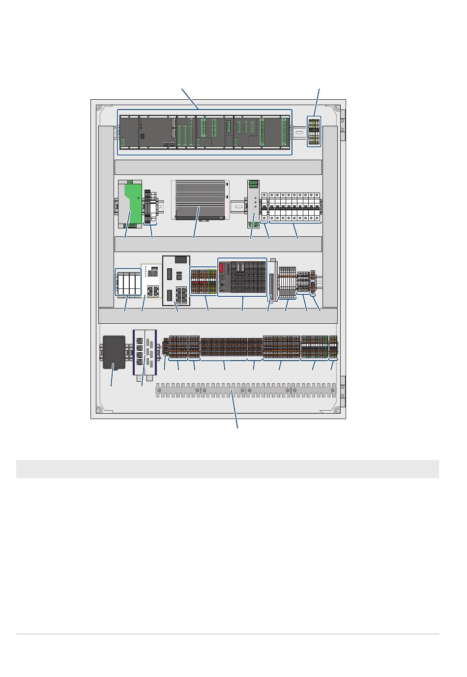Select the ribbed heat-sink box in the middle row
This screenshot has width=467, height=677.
pyautogui.click(x=201, y=199)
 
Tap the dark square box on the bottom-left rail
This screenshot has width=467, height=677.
pyautogui.click(x=114, y=352)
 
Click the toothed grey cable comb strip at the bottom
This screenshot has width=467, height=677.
pyautogui.click(x=246, y=391)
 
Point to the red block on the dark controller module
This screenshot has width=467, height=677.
pyautogui.click(x=221, y=268)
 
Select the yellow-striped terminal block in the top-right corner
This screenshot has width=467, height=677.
pyautogui.click(x=314, y=131)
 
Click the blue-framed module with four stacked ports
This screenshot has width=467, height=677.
pyautogui.click(x=145, y=353)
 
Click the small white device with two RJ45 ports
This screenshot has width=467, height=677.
pyautogui.click(x=151, y=281)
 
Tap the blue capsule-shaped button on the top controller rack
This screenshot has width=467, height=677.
pyautogui.click(x=142, y=136)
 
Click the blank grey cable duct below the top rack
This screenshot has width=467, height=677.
pyautogui.click(x=218, y=167)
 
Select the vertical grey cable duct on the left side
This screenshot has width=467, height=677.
pyautogui.click(x=106, y=216)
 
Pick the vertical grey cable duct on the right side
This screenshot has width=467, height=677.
pyautogui.click(x=330, y=216)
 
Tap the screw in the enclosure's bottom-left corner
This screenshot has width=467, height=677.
pyautogui.click(x=98, y=410)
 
